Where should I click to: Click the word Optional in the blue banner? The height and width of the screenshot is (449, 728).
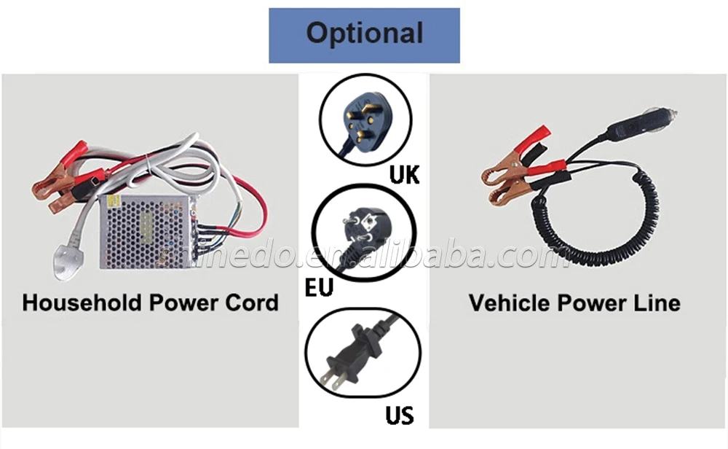click(x=364, y=34)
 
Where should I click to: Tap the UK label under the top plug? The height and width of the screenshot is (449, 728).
click(x=404, y=175)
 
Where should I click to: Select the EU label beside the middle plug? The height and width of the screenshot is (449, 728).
click(x=319, y=286)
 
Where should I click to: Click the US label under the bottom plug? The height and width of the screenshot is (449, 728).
click(x=399, y=415)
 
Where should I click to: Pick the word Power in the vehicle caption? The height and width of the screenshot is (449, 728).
click(x=591, y=302)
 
